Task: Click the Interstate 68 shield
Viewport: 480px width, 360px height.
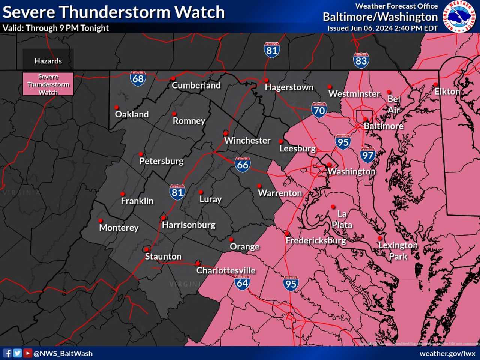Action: coord(138,78)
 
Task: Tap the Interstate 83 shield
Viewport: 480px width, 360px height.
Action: coord(361,60)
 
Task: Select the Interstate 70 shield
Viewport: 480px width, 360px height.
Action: coord(319,110)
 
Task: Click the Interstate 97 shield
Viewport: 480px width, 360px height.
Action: coord(367,155)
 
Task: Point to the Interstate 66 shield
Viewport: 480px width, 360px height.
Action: coord(243,165)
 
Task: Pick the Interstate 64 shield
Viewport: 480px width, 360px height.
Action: coord(242,283)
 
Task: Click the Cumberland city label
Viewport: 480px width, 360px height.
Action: coord(196,85)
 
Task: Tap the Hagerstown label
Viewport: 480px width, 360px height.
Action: coord(289,87)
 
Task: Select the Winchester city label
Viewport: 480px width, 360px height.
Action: coord(247,141)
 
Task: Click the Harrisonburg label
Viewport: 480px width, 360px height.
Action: coord(189,225)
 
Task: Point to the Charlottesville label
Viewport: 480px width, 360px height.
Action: coord(226,270)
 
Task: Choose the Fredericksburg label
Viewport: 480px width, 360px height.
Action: coord(316,240)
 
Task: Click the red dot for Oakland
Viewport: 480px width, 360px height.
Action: coord(117,108)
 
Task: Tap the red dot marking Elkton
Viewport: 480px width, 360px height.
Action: coord(435,84)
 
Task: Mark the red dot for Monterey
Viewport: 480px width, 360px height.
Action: coord(100,221)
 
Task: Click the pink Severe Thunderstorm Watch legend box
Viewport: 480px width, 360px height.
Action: coord(48,84)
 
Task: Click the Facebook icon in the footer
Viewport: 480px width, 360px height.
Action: coord(7,353)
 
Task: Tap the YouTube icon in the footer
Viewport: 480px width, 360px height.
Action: coord(27,353)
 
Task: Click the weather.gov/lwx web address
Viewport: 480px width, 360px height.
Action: coord(447,353)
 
